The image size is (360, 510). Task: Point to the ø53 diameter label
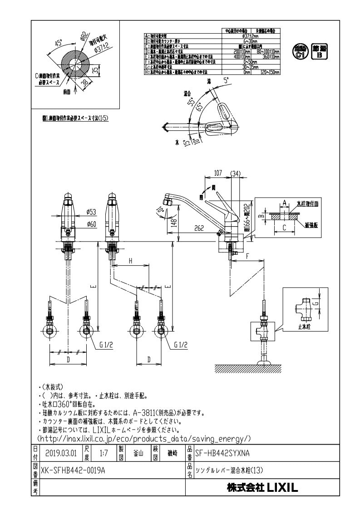pos(91,212)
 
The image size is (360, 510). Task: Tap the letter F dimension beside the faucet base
pos(247,256)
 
